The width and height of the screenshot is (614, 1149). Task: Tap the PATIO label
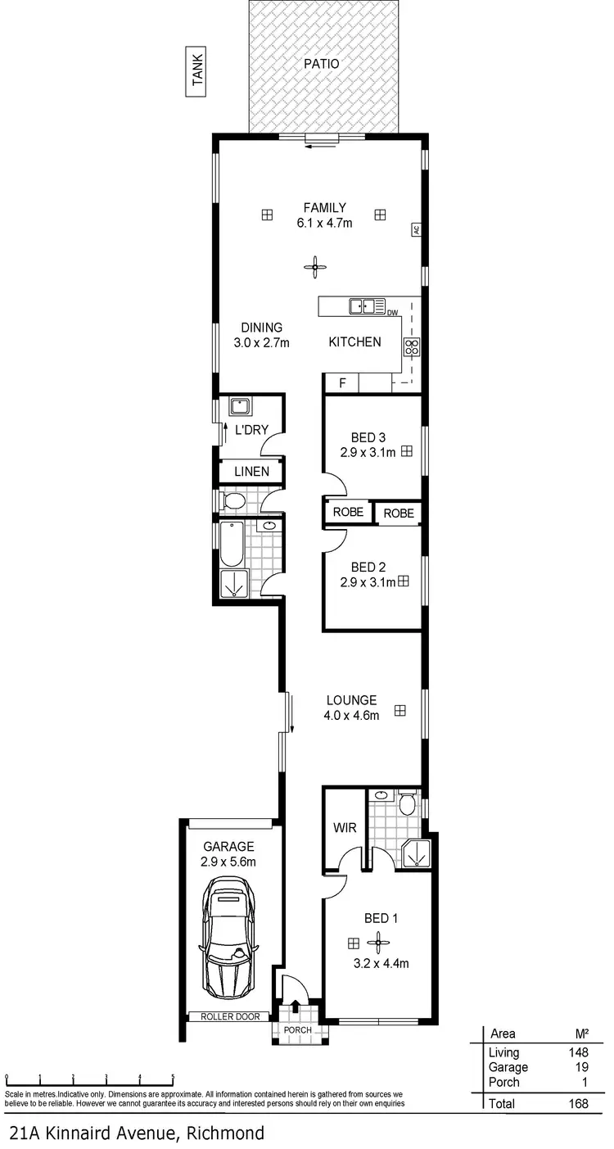tap(322, 63)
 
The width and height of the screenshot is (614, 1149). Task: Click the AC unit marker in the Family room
tap(416, 230)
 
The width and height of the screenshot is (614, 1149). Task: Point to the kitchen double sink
tap(368, 306)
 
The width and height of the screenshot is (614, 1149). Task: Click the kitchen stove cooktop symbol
tap(411, 346)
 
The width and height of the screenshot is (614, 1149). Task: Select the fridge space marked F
tap(343, 383)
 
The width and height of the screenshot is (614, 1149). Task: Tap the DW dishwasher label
tap(392, 313)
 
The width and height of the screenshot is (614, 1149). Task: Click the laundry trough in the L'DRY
tap(240, 405)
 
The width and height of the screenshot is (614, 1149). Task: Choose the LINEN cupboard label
tap(251, 472)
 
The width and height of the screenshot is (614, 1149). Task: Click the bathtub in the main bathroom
tap(232, 544)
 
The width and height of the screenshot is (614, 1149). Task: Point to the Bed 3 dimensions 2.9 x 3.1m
tap(368, 451)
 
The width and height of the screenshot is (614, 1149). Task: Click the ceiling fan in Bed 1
tap(379, 942)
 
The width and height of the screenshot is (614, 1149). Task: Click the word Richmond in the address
tap(225, 1133)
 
